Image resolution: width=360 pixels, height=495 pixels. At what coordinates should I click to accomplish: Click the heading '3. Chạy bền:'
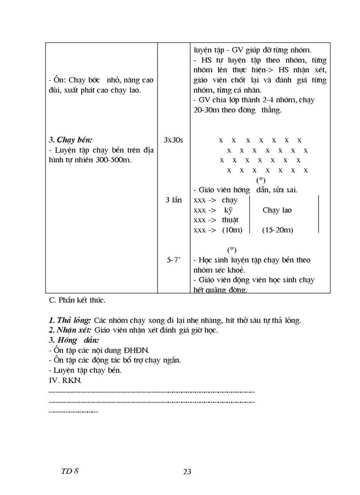(71, 140)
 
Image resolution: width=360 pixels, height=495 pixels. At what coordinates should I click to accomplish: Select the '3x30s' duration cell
(173, 140)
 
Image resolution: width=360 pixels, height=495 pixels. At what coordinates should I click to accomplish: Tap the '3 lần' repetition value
(173, 200)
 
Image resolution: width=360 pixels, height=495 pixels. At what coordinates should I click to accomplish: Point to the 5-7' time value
(173, 260)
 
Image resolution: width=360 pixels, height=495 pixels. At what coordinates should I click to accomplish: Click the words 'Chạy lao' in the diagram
(277, 210)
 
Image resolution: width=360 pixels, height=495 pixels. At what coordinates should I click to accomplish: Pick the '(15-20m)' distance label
(277, 230)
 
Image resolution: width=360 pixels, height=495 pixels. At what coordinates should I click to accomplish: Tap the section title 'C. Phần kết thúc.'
(77, 301)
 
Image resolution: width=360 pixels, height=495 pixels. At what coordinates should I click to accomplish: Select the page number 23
(187, 472)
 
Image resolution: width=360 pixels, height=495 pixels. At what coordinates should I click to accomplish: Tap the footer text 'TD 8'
(70, 471)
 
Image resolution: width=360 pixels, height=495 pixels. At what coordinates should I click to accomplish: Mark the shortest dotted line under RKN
(73, 411)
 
